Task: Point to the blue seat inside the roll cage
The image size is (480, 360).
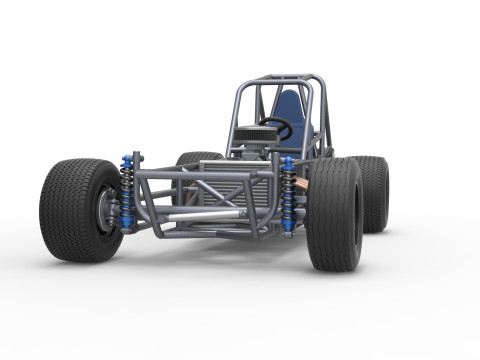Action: pos(290,110)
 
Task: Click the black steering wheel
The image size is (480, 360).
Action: pos(276,128)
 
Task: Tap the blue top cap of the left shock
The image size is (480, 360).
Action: pos(127,160)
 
